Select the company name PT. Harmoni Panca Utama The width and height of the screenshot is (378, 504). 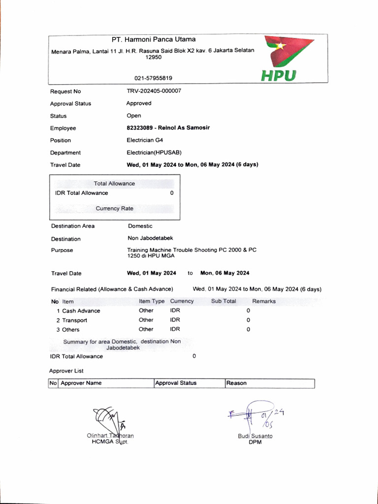[153, 39]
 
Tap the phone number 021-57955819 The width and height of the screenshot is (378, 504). [153, 78]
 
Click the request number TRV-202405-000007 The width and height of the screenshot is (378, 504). [154, 91]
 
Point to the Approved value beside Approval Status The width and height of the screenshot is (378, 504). [139, 103]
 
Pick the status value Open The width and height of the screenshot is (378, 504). [134, 116]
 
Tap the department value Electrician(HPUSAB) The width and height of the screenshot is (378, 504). [151, 153]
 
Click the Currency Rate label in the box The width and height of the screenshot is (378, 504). [114, 208]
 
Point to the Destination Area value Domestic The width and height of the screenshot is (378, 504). [140, 226]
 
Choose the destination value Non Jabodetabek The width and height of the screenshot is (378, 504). [150, 238]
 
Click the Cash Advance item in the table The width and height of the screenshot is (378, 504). [81, 311]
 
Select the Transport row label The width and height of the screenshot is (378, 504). [74, 320]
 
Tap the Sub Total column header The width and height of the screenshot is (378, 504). [223, 301]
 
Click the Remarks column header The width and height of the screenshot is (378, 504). [264, 301]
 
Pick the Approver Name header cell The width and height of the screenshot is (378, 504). [81, 383]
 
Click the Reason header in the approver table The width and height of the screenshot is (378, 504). [237, 383]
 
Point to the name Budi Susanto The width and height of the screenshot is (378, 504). [255, 436]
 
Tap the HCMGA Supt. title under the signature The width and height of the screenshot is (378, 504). [106, 441]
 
